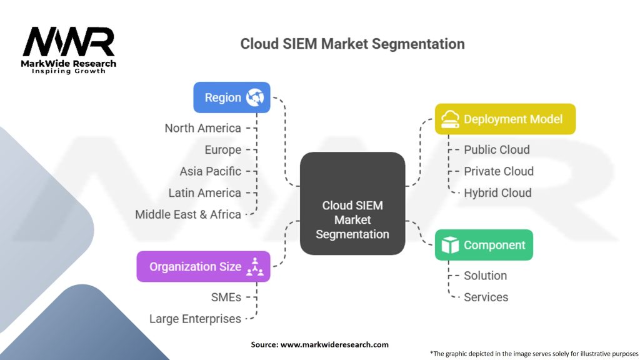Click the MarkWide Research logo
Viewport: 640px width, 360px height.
point(69,50)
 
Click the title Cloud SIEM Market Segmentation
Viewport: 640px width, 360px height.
point(352,44)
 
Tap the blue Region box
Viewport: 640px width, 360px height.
point(231,97)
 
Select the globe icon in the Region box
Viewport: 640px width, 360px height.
point(255,97)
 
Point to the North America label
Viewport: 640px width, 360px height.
point(202,128)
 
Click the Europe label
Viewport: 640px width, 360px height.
point(222,150)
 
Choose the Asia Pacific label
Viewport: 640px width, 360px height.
point(210,171)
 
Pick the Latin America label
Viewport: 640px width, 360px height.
point(204,192)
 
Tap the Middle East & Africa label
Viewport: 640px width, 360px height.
point(188,214)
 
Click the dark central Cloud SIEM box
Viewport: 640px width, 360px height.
point(352,204)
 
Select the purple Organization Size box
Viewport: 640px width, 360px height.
point(203,267)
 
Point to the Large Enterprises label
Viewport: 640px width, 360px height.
point(195,319)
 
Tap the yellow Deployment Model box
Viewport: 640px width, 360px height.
point(505,119)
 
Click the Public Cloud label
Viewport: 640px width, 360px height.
point(496,150)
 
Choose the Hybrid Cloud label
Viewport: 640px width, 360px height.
point(497,193)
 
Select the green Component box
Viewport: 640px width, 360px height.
point(484,245)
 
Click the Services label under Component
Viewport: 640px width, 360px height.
point(486,297)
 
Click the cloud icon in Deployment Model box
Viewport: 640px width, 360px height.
point(451,119)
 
